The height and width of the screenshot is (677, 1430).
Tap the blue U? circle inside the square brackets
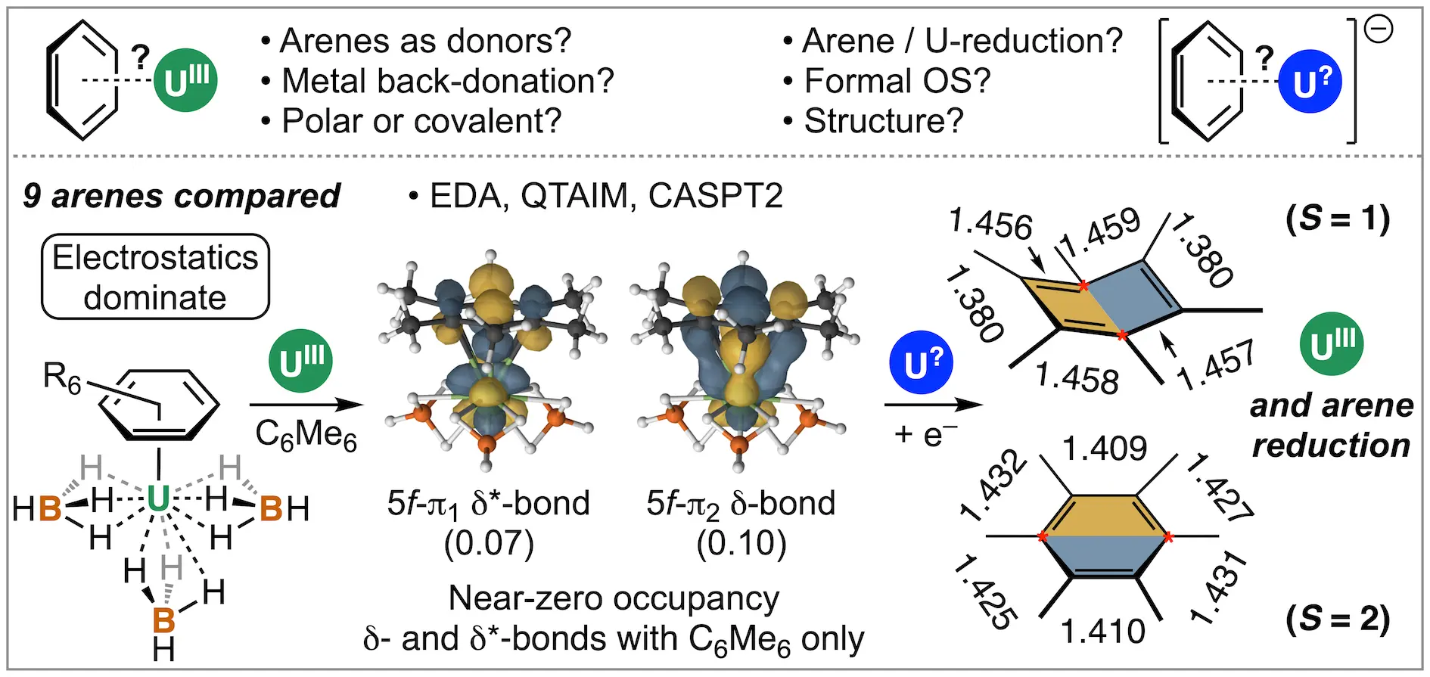point(1310,81)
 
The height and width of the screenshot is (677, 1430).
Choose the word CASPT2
point(715,196)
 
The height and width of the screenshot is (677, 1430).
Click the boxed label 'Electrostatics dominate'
point(155,277)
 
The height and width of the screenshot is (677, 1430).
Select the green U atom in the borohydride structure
point(158,500)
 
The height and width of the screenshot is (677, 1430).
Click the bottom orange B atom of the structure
point(163,620)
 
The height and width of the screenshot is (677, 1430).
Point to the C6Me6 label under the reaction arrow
point(306,436)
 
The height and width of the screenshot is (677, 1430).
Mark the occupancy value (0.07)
point(489,543)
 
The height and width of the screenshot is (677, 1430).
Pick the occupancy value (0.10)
point(741,543)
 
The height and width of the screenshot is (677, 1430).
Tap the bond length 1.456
point(990,225)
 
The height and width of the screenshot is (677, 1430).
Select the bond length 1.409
point(1105,449)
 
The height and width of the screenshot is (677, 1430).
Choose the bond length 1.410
point(1103,631)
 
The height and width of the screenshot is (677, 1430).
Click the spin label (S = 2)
point(1338,620)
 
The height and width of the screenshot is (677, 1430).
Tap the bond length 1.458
point(1077,377)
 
